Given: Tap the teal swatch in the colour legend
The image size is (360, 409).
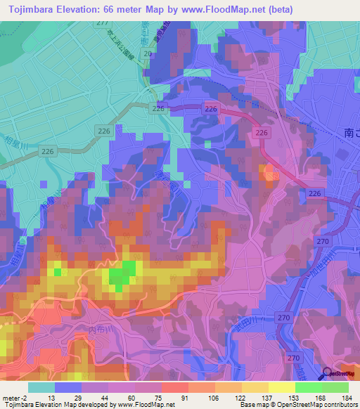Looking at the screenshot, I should pyautogui.click(x=41, y=387).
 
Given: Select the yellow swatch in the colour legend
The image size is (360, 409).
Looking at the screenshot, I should pyautogui.click(x=281, y=387).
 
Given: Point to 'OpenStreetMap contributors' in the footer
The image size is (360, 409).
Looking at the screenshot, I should pyautogui.click(x=316, y=405).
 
